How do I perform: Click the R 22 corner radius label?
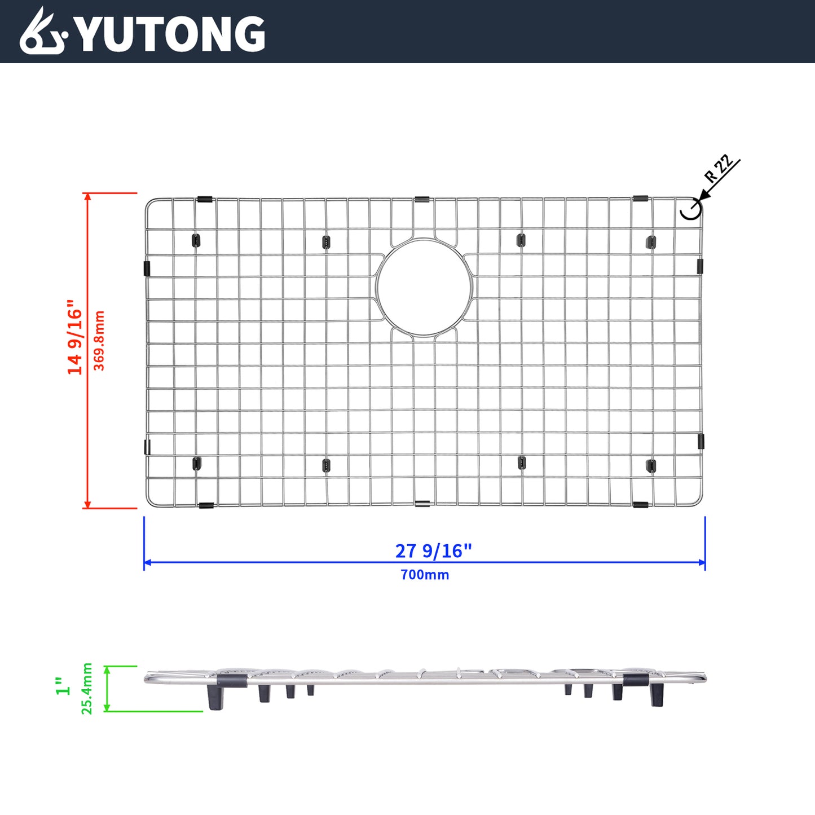click(x=719, y=168)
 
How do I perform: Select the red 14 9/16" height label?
click(x=75, y=337)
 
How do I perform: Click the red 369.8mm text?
click(x=99, y=340)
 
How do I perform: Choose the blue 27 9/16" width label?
click(x=433, y=550)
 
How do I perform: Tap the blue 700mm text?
click(x=425, y=575)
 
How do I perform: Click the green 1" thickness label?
click(x=63, y=686)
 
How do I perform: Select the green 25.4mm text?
click(x=87, y=689)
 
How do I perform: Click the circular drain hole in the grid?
click(x=424, y=288)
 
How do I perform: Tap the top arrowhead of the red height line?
click(x=87, y=196)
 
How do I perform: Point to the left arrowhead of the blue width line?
click(x=147, y=562)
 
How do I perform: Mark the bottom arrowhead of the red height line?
click(x=87, y=504)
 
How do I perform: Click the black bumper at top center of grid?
click(x=422, y=200)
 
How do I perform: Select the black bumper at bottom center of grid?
click(x=422, y=503)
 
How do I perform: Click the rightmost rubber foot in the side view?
click(x=656, y=695)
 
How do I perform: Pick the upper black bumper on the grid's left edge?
click(x=147, y=268)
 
